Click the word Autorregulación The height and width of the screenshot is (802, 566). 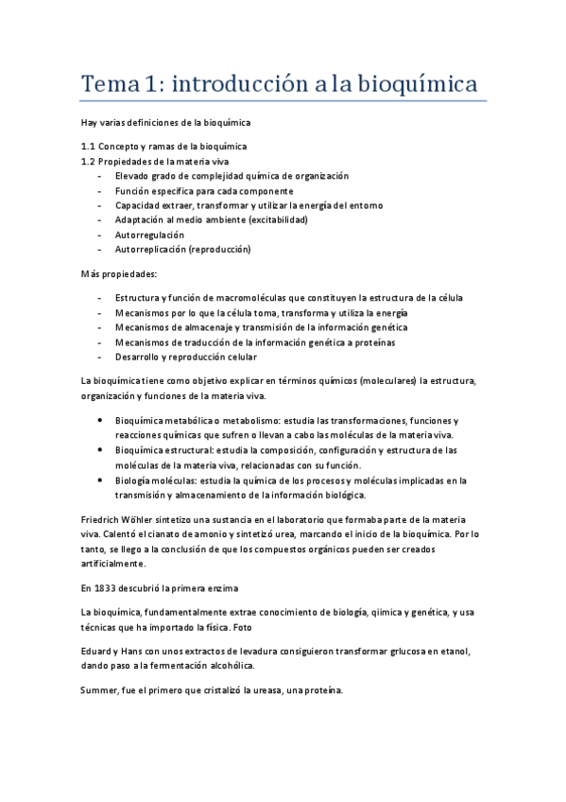pos(149,235)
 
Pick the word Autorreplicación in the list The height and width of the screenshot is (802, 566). pos(150,250)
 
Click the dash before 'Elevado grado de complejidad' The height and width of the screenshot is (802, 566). pos(100,176)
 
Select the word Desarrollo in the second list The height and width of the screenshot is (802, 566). pos(137,357)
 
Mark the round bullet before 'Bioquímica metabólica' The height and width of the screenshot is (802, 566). pos(101,420)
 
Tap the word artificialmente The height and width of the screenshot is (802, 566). pos(113,564)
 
